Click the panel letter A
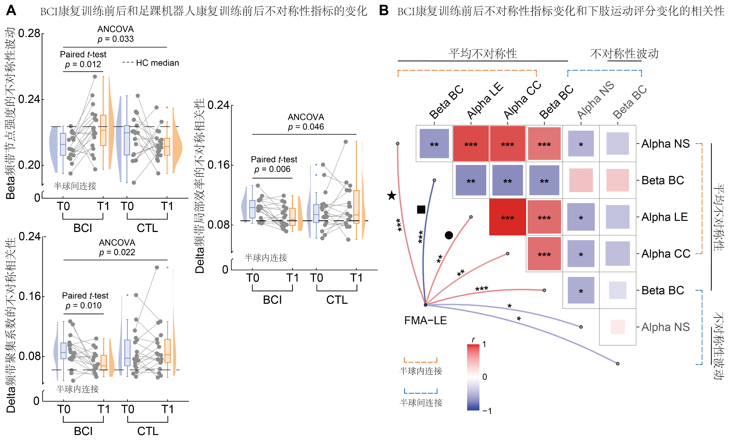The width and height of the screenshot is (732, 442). point(11,11)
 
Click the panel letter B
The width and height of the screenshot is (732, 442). point(384,11)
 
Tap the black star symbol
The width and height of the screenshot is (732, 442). point(392,196)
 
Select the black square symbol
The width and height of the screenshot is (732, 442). point(421,209)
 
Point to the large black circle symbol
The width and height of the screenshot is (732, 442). point(449,235)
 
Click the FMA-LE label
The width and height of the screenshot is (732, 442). point(425,320)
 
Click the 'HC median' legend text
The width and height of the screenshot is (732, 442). point(157,63)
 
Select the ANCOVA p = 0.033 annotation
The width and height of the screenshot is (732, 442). point(116,34)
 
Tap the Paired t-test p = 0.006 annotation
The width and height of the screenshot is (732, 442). point(273,164)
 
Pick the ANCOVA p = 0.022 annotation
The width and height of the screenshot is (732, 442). point(117,247)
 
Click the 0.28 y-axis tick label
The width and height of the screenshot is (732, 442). point(29,33)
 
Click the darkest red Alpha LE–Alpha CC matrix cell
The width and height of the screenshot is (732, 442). point(507,217)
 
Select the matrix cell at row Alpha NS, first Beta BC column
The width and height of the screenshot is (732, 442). point(434,143)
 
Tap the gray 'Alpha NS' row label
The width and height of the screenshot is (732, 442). point(665,327)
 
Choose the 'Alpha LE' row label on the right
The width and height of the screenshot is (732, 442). point(665,217)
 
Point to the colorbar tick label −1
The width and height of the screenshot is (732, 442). point(487,411)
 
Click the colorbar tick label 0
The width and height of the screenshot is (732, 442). point(485,377)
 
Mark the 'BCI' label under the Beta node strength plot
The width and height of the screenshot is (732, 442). point(83,228)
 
